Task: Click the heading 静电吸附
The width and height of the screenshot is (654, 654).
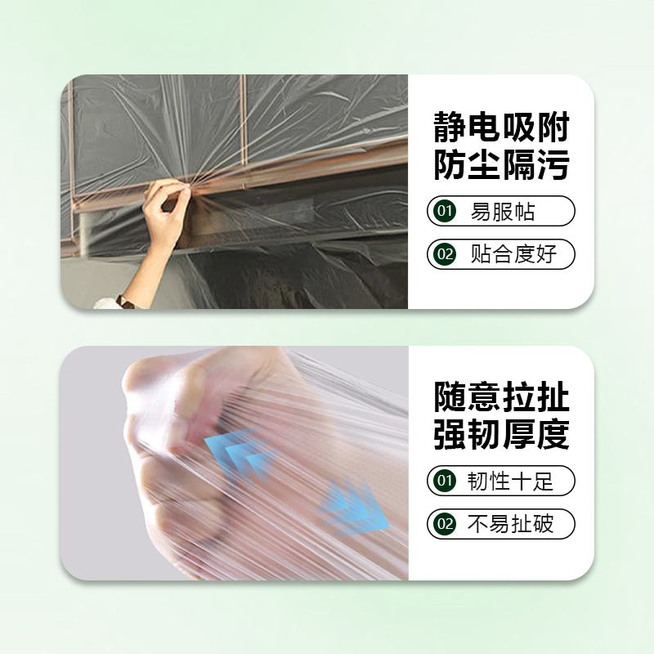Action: coord(501,128)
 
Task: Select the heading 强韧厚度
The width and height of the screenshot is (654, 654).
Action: coord(501,434)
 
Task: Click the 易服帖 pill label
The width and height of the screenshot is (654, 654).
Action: coord(503,213)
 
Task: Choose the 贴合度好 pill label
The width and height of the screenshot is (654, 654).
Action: coord(513,254)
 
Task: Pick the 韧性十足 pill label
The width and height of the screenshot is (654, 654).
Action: coord(510,481)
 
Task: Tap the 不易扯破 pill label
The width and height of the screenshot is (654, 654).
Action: coord(510,523)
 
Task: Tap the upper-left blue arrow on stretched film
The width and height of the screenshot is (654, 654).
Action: coord(237,455)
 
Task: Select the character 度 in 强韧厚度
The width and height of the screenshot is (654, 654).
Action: coord(553,434)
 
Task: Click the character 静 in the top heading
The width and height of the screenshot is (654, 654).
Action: coord(450,128)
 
